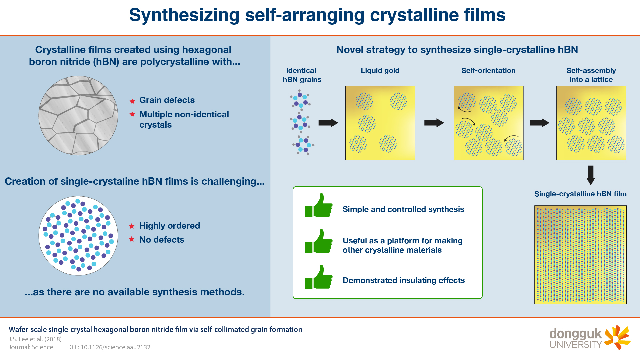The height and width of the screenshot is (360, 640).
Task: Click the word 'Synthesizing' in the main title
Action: pyautogui.click(x=184, y=15)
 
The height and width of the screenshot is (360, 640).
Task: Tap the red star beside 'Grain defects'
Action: pyautogui.click(x=132, y=101)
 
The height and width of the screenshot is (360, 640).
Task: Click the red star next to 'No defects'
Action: pyautogui.click(x=132, y=239)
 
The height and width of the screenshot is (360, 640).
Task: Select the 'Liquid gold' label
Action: pyautogui.click(x=380, y=71)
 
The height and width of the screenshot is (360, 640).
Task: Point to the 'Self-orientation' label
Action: pyautogui.click(x=488, y=71)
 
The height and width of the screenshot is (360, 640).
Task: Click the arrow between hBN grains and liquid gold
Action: pyautogui.click(x=328, y=123)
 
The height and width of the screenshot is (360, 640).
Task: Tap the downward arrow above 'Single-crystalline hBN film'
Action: pyautogui.click(x=591, y=175)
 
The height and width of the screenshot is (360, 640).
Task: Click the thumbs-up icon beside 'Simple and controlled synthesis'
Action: pyautogui.click(x=319, y=206)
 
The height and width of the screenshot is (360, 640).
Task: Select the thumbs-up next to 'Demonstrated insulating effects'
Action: pyautogui.click(x=319, y=277)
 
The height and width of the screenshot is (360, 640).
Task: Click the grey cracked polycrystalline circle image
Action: pyautogui.click(x=78, y=115)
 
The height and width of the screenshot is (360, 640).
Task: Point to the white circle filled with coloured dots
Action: pyautogui.click(x=78, y=236)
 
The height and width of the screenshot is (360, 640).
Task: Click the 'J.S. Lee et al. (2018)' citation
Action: pyautogui.click(x=35, y=339)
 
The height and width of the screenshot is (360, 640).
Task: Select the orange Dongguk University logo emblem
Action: pyautogui.click(x=617, y=337)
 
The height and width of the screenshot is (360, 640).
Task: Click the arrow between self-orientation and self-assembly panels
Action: pyautogui.click(x=540, y=123)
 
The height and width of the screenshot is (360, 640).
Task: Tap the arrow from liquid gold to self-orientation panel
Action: pyautogui.click(x=434, y=123)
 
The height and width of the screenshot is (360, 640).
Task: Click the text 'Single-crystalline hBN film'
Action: pyautogui.click(x=580, y=194)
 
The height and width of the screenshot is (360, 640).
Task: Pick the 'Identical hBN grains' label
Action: pyautogui.click(x=302, y=75)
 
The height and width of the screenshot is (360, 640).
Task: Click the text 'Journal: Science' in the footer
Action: pyautogui.click(x=31, y=347)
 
